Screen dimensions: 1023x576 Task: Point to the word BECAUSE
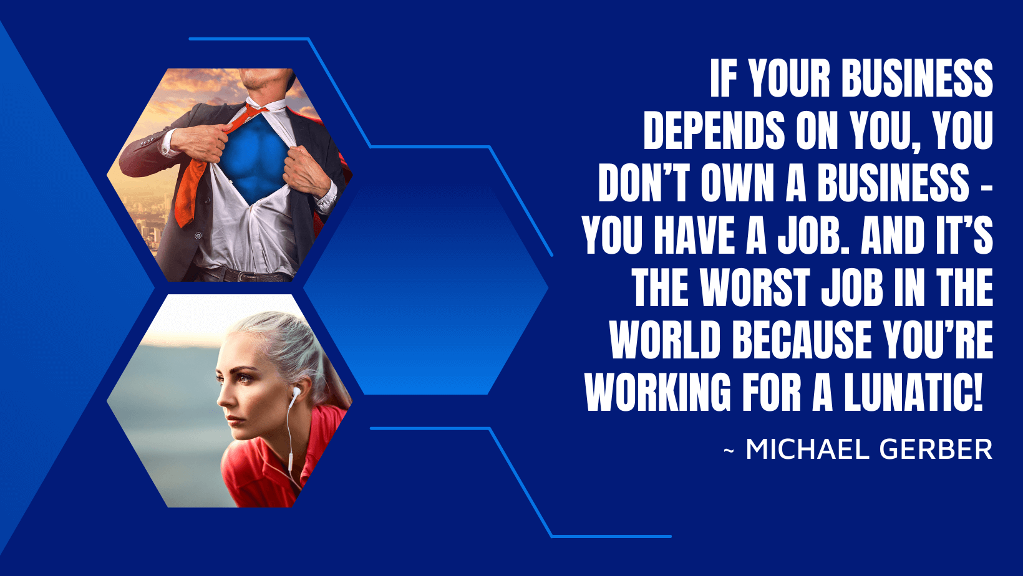(802, 340)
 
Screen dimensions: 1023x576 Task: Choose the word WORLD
(665, 340)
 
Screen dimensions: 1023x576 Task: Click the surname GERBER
(936, 449)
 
